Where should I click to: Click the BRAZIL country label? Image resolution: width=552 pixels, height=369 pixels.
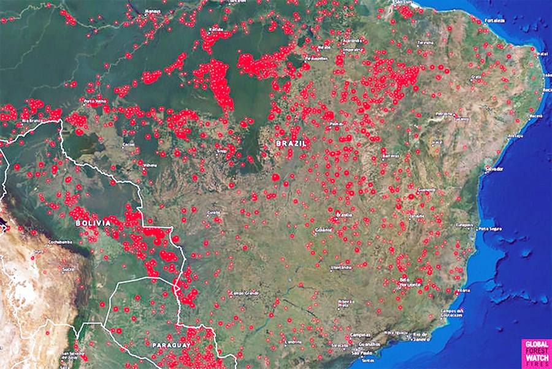(x=291, y=142)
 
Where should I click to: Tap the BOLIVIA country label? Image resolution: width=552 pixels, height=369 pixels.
(x=93, y=223)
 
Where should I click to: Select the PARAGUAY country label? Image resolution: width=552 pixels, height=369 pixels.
(x=171, y=346)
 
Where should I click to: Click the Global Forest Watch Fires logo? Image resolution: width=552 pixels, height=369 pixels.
(x=535, y=354)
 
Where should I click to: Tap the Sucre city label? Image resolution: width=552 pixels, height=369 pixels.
(x=67, y=269)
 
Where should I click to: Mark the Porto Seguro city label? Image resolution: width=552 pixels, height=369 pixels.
(x=490, y=229)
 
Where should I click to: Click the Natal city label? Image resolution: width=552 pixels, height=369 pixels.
(x=542, y=54)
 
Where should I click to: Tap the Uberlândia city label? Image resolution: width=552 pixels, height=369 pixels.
(x=341, y=268)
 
